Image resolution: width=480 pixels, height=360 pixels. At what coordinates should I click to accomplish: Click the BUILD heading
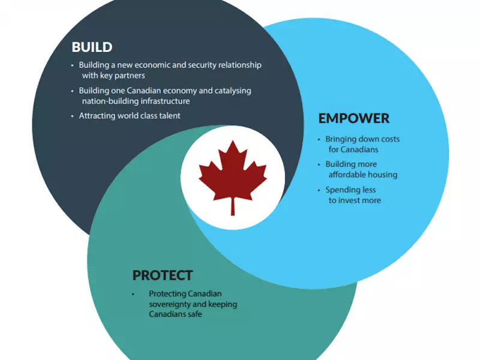(x=92, y=47)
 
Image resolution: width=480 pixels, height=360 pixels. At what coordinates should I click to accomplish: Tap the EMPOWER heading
(x=353, y=118)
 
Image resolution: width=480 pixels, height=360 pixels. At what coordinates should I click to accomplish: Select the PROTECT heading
(x=163, y=275)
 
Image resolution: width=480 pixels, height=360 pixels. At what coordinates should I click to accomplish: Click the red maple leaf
(x=233, y=172)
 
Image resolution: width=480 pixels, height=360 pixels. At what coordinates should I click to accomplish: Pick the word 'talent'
(x=169, y=116)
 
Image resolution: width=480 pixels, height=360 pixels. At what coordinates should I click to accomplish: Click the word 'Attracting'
(x=98, y=116)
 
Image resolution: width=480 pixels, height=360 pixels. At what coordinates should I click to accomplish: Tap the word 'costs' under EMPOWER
(x=388, y=139)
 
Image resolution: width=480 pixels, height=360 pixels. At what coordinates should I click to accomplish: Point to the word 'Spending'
(x=342, y=190)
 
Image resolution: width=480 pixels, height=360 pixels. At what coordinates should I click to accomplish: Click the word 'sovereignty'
(x=173, y=304)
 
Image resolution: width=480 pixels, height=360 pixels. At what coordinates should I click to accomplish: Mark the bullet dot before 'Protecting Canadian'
(x=133, y=294)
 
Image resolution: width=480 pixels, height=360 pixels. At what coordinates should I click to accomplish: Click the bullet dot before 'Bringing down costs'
(x=320, y=140)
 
